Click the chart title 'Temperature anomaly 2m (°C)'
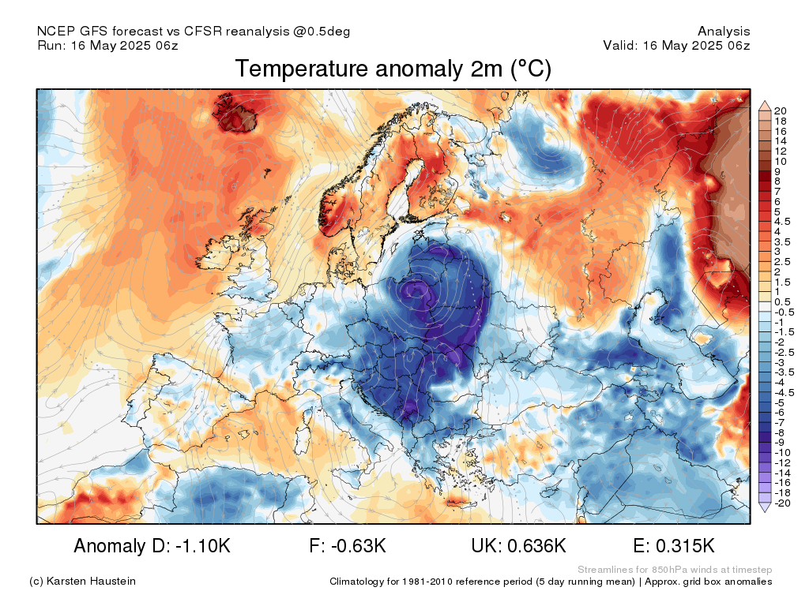(x=393, y=69)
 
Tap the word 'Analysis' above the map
(x=724, y=32)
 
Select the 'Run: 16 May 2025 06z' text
(x=107, y=45)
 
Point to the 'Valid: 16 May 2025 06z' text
(x=676, y=45)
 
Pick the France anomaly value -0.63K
(x=358, y=545)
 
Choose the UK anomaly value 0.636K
(x=536, y=545)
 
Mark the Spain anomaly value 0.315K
(x=685, y=545)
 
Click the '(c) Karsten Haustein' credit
(x=82, y=582)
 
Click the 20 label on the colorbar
(x=780, y=110)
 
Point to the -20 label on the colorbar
(x=782, y=503)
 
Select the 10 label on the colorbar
(x=780, y=161)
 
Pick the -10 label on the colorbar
(x=782, y=452)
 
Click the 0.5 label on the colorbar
(x=782, y=302)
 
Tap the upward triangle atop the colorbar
(x=765, y=107)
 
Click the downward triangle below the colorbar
(x=765, y=507)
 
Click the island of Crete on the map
(x=457, y=501)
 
